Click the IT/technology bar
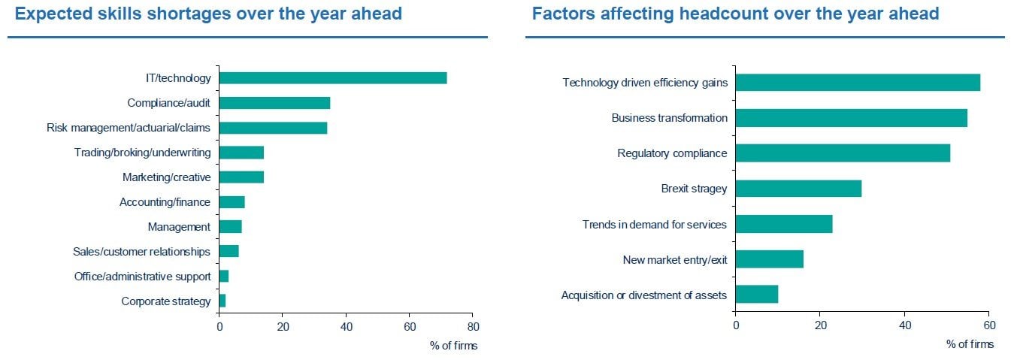coord(332,78)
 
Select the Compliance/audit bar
coord(274,103)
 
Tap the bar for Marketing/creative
coord(241,177)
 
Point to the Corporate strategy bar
coord(222,301)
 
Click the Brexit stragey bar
coord(798,189)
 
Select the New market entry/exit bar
coord(769,260)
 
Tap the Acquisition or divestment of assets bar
coord(757,295)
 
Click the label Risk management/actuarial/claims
coord(129,128)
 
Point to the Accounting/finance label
coord(165,202)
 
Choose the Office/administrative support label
coord(142,277)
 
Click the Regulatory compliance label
coord(672,153)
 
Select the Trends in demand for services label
coord(654,224)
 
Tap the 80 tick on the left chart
coord(472,327)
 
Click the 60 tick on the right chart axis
coord(989,325)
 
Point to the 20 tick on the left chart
coord(283,327)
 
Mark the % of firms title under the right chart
coord(970,344)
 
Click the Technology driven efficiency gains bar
coord(858,83)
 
